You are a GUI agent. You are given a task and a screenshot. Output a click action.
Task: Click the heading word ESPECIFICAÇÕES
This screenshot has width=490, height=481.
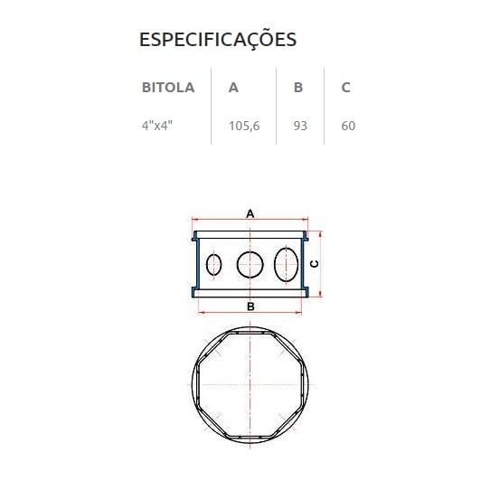[217, 40]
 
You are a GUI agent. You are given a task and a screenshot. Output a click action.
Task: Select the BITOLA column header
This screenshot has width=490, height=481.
[168, 88]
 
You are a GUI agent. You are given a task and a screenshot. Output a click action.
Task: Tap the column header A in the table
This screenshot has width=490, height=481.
[234, 88]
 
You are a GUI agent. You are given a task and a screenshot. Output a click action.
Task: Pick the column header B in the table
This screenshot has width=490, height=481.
[298, 88]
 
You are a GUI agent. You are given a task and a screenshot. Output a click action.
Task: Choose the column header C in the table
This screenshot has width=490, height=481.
[346, 88]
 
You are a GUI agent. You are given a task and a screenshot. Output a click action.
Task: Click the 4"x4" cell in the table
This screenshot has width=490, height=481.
[156, 126]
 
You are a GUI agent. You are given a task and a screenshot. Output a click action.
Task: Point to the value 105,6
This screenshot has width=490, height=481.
[244, 126]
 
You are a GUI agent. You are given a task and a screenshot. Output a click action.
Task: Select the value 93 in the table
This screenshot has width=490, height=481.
[300, 126]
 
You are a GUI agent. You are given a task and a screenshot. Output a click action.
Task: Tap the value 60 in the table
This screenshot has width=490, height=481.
[348, 126]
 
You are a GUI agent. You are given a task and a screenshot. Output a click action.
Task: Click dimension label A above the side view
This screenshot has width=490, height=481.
[250, 212]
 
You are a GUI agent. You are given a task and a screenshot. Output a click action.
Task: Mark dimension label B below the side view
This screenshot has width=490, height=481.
[250, 307]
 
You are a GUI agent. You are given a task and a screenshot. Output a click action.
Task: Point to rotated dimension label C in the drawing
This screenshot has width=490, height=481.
[313, 264]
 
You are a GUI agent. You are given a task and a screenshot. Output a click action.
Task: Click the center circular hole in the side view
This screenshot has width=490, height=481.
[250, 264]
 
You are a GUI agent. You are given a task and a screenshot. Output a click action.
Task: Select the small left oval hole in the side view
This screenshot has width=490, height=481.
[214, 264]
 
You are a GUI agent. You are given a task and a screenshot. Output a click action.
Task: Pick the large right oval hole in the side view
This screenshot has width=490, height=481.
[286, 263]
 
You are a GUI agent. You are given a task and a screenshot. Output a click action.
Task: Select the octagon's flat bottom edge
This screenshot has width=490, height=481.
[250, 432]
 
